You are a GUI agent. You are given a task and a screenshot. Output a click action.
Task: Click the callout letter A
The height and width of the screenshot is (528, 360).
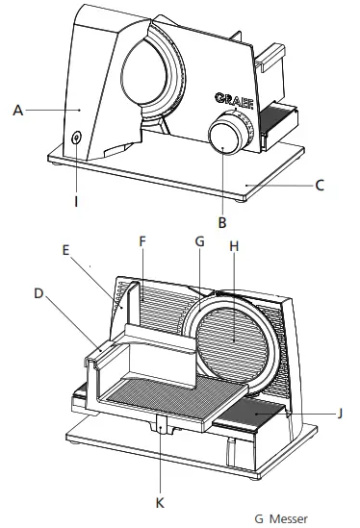click(17, 111)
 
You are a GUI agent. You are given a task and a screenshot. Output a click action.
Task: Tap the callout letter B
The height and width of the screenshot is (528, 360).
click(221, 222)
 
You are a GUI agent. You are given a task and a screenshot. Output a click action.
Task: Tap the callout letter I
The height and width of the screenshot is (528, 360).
click(77, 204)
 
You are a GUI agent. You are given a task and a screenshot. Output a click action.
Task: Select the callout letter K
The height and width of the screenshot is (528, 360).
click(161, 502)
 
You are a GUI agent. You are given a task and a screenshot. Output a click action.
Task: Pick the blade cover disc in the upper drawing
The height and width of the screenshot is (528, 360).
click(151, 77)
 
